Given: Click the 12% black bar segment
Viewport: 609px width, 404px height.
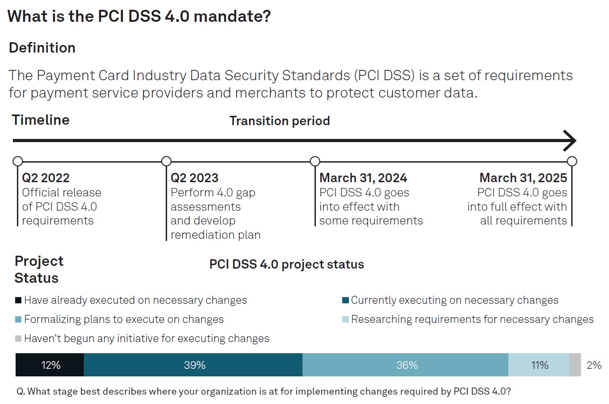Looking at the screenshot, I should [49, 365].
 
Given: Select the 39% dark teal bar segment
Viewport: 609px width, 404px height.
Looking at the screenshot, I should [193, 365].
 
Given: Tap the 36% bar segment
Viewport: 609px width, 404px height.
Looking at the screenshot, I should [405, 365].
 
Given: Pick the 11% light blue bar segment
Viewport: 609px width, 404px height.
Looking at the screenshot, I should [539, 365].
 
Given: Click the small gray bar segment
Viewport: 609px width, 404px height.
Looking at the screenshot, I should [575, 365].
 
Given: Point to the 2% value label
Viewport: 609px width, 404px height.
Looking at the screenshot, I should [594, 365].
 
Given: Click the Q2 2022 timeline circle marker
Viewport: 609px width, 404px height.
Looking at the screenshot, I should [18, 161].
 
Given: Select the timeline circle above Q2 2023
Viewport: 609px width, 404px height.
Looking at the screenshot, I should [166, 161].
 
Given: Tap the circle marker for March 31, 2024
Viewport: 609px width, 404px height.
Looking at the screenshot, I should [315, 161].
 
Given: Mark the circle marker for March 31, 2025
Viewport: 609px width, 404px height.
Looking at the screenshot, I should [572, 161].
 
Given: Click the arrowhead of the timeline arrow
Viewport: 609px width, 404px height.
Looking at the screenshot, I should [570, 141].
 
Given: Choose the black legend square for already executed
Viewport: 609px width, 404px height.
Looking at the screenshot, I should [18, 300].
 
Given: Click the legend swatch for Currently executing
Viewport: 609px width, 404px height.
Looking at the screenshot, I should [345, 300].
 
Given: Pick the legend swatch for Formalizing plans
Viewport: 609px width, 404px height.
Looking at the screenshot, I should [18, 319].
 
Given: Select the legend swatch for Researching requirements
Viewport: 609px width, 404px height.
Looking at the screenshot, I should [345, 319].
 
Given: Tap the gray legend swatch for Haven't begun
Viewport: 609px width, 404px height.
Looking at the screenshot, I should [18, 339].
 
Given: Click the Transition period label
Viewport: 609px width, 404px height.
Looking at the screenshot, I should [279, 121].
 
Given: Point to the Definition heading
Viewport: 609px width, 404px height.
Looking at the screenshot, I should [42, 48].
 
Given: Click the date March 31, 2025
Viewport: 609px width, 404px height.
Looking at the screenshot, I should [523, 178].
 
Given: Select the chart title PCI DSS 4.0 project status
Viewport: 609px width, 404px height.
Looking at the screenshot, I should [286, 264].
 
